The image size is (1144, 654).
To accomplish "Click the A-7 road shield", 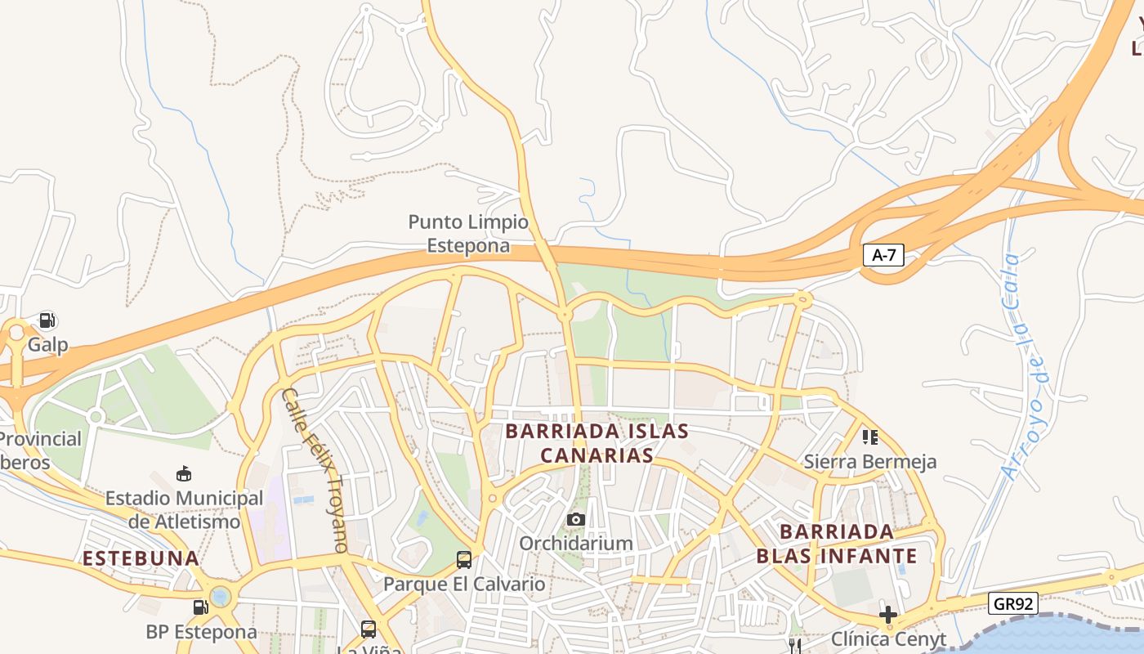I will (883, 255).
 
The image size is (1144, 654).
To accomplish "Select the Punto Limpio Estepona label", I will (468, 234).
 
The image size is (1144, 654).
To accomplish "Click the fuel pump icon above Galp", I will (47, 320).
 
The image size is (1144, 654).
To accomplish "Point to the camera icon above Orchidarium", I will (576, 519).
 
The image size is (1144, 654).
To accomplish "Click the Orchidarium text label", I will (576, 544).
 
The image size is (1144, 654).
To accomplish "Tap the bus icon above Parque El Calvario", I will (463, 560).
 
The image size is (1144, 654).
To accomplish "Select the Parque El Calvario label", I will (463, 585).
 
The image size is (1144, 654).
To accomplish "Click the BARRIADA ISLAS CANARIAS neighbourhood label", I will (597, 443).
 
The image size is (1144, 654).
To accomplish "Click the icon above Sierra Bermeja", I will (869, 437).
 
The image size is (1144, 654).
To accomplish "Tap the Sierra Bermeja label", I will (869, 462).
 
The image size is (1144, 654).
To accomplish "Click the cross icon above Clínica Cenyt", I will (888, 614).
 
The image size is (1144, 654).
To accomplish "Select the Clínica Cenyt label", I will (888, 639).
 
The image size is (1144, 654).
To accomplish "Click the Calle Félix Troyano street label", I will (315, 469).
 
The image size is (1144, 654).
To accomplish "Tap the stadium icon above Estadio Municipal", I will (184, 474).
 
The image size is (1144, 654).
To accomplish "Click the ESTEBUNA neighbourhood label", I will (141, 559).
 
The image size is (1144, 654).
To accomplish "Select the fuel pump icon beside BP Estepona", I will (200, 607).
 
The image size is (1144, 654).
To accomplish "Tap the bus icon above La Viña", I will (369, 629).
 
